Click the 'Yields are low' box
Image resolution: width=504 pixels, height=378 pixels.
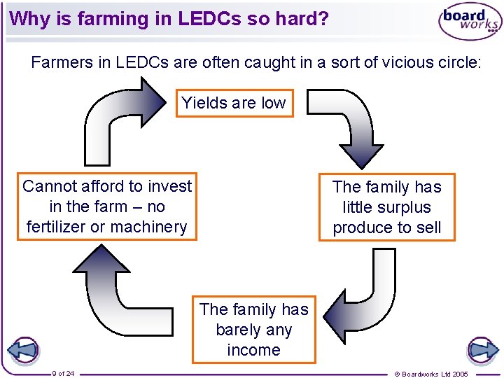pos(234,104)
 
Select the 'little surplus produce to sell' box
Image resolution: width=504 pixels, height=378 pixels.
pos(387,207)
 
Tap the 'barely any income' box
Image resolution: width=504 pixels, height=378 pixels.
pos(253,330)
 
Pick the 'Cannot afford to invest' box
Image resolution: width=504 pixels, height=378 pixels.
pos(107,206)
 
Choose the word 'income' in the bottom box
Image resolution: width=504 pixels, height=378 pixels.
pos(253,350)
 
